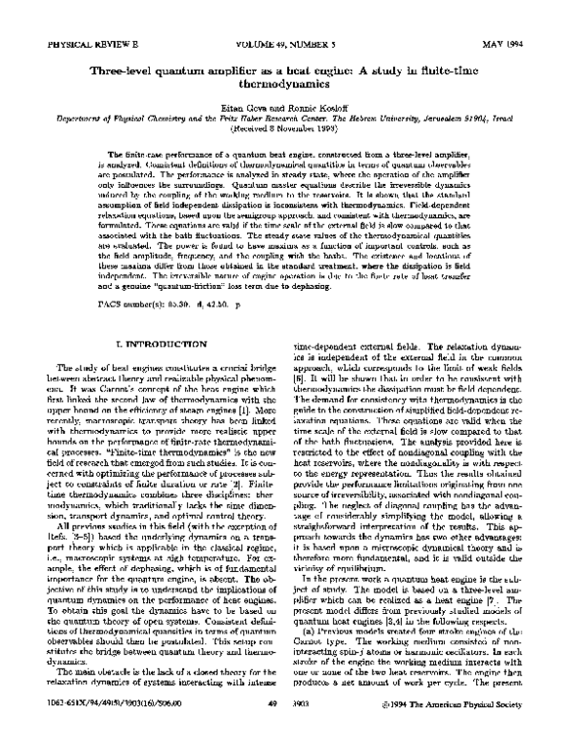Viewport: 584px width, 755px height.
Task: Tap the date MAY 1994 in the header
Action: [518, 45]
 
